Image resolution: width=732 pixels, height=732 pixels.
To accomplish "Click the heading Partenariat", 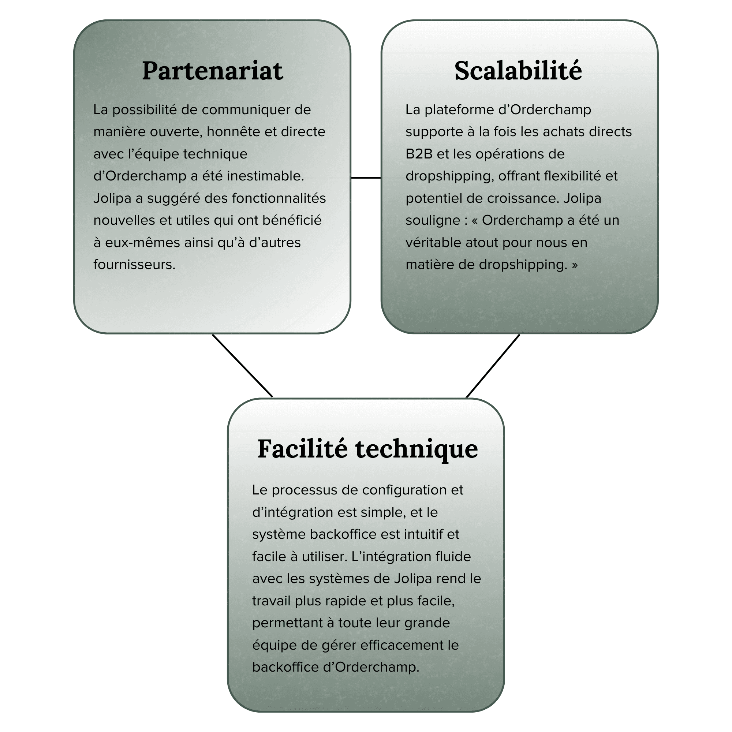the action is [x=212, y=71].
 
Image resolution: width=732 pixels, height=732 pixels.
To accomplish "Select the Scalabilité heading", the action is [x=518, y=71].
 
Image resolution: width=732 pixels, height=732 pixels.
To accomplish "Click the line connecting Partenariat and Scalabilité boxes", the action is [x=366, y=177].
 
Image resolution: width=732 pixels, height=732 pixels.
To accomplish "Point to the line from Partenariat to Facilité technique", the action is [x=243, y=366].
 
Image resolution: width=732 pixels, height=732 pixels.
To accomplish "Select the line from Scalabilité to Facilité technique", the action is [x=493, y=366].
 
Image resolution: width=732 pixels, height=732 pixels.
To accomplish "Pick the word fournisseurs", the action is [x=134, y=265].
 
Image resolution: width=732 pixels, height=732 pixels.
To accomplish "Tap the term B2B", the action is [x=419, y=154].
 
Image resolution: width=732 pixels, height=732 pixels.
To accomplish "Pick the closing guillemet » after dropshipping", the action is [x=575, y=265].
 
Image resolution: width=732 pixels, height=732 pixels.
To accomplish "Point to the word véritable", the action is [x=433, y=243].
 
